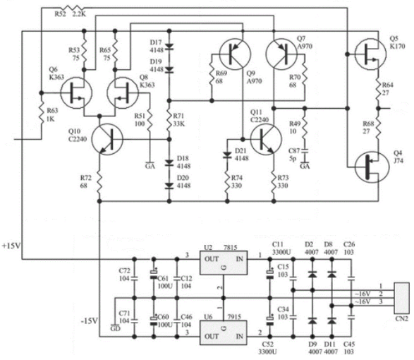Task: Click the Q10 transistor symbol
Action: tap(107, 139)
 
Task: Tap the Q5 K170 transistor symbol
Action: tap(370, 54)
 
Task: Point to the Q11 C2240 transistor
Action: tap(266, 139)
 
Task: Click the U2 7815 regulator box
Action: tap(224, 263)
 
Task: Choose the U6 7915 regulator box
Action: tap(224, 332)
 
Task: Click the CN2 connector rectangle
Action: tap(401, 298)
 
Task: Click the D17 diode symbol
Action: tap(169, 47)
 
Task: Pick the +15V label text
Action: tap(11, 246)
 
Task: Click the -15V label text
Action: tap(90, 321)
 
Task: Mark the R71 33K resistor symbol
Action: tap(169, 120)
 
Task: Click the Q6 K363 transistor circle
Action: tap(76, 92)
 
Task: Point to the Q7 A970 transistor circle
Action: tap(281, 54)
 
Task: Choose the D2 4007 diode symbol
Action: tap(312, 275)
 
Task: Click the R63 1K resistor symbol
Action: tap(41, 116)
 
